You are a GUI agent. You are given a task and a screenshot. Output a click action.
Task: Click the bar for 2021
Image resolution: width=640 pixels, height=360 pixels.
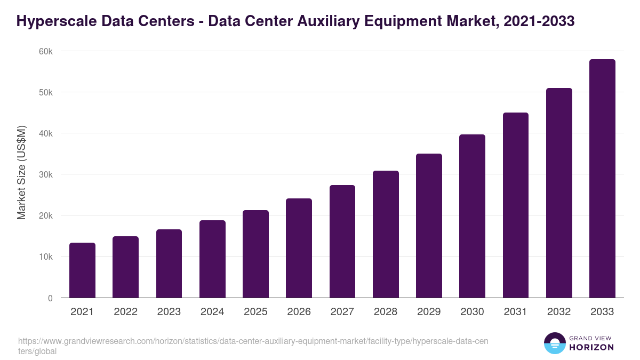pyautogui.click(x=82, y=270)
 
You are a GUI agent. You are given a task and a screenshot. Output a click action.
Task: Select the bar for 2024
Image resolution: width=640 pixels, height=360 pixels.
pyautogui.click(x=212, y=259)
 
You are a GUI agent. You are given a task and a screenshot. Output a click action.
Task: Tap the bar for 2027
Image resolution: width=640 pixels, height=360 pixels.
pyautogui.click(x=342, y=242)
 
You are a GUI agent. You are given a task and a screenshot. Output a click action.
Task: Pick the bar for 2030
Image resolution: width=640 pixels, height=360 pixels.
pyautogui.click(x=472, y=216)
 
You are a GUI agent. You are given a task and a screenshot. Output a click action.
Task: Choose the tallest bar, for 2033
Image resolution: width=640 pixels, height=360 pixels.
pyautogui.click(x=602, y=179)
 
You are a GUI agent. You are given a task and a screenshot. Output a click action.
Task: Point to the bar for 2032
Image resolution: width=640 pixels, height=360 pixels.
pyautogui.click(x=559, y=193)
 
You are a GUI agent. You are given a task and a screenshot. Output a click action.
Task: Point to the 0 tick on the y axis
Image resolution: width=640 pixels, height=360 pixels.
pyautogui.click(x=50, y=298)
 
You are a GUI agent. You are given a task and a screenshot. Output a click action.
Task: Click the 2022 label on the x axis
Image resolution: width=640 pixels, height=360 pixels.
pyautogui.click(x=125, y=312)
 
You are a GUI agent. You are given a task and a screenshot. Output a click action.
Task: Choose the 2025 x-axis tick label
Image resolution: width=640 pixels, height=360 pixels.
pyautogui.click(x=255, y=312)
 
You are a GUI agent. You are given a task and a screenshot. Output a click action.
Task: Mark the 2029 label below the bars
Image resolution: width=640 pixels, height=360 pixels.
pyautogui.click(x=429, y=312)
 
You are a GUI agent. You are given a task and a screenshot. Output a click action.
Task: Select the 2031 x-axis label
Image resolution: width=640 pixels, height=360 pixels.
pyautogui.click(x=516, y=312)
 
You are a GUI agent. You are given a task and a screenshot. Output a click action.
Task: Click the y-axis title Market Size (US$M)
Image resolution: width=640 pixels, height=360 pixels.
pyautogui.click(x=21, y=172)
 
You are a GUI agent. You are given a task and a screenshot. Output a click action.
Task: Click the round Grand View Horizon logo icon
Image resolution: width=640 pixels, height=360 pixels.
pyautogui.click(x=554, y=343)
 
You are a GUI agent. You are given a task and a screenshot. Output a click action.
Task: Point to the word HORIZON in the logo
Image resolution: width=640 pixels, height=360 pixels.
pyautogui.click(x=592, y=347)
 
